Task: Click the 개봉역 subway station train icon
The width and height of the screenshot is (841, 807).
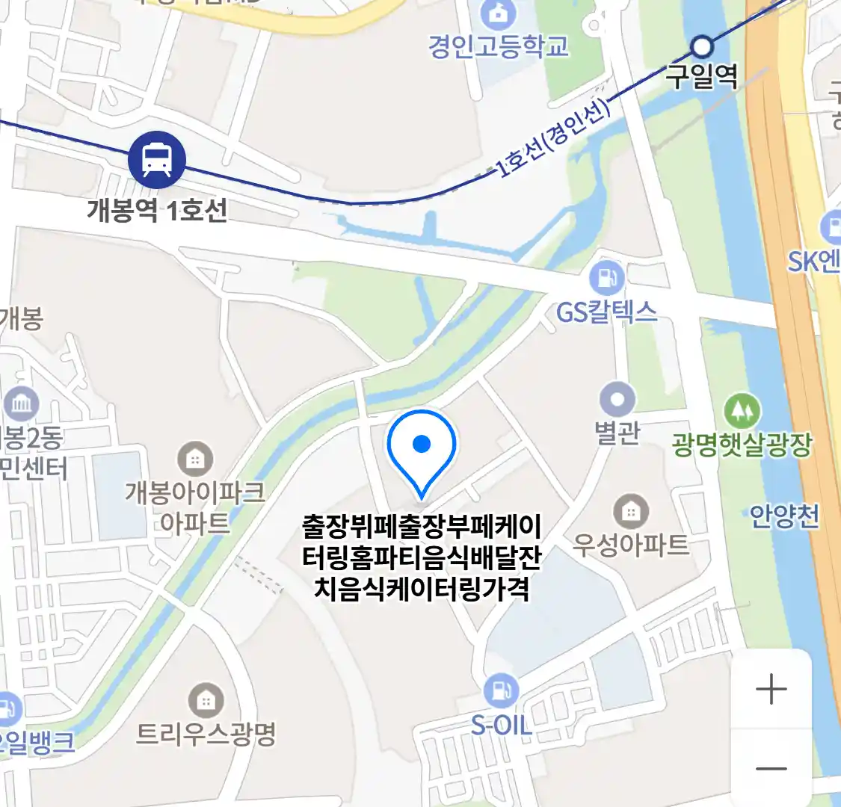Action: (157, 158)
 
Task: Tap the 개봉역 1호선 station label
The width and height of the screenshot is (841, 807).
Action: (157, 210)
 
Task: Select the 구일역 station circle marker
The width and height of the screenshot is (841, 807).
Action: (701, 48)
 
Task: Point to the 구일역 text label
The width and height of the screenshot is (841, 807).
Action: (702, 76)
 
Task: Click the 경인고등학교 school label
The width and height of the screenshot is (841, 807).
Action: (499, 46)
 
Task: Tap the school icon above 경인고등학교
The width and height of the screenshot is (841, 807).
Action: (494, 13)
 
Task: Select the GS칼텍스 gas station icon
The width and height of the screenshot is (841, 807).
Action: (606, 279)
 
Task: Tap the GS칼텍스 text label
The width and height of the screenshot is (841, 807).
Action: (606, 311)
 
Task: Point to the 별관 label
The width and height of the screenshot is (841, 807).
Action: (617, 433)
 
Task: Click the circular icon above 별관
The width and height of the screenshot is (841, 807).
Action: (617, 400)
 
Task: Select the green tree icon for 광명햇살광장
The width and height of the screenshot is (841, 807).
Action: (742, 412)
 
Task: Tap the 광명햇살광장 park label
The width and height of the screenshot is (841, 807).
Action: (742, 445)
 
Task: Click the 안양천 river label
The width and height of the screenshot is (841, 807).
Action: (784, 516)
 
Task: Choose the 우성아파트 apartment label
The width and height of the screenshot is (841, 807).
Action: (630, 544)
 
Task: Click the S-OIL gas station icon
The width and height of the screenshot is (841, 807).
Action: (501, 691)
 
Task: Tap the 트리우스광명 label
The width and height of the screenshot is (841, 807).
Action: (206, 734)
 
